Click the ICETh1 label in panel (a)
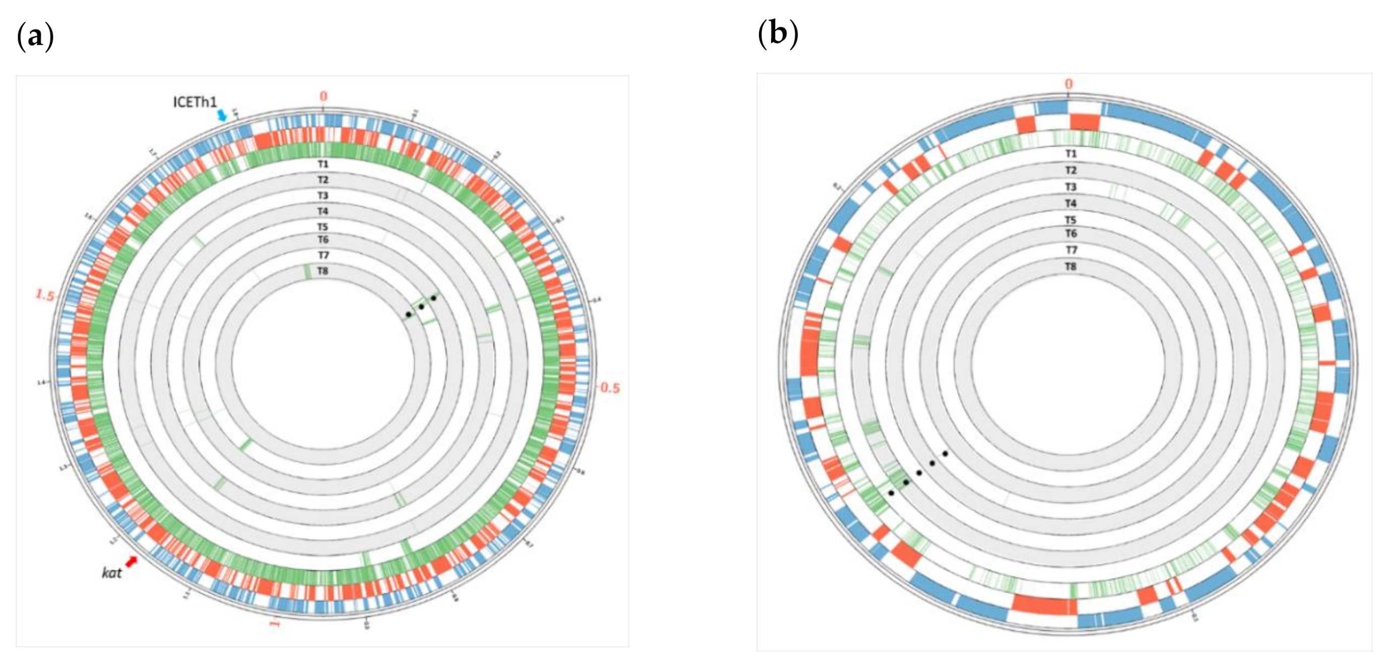coord(194,102)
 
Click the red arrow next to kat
coord(131,562)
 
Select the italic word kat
coord(111,573)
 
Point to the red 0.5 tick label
coord(610,388)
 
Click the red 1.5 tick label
coord(45,295)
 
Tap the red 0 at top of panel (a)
coord(323,97)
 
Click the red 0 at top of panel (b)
coord(1069,84)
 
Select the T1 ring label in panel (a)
coord(323,163)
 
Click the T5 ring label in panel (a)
coord(323,227)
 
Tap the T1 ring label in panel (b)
coord(1070,154)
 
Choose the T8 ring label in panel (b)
coord(1070,267)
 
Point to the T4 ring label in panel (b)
coord(1070,204)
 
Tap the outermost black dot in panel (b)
coord(892,493)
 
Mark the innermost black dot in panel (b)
coord(946,453)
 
